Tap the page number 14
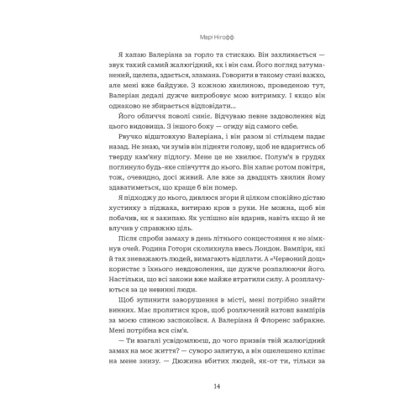click(x=210, y=386)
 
